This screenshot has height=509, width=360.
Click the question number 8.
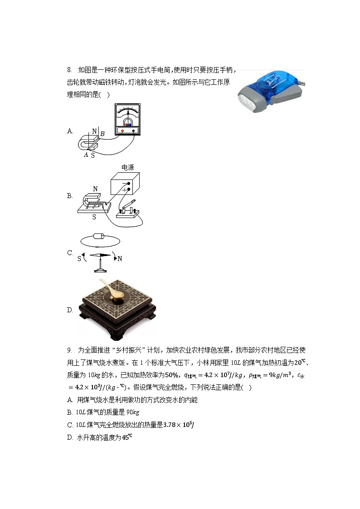click(x=69, y=70)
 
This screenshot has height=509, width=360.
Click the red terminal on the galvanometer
click(x=122, y=131)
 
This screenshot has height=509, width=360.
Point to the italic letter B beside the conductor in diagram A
click(x=102, y=134)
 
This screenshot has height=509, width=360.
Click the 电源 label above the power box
click(x=127, y=167)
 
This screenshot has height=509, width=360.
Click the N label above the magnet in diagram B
click(x=95, y=189)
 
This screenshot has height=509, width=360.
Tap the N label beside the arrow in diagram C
click(x=120, y=259)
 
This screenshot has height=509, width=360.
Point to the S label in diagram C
click(x=79, y=259)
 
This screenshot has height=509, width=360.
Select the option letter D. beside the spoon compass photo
click(x=70, y=310)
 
